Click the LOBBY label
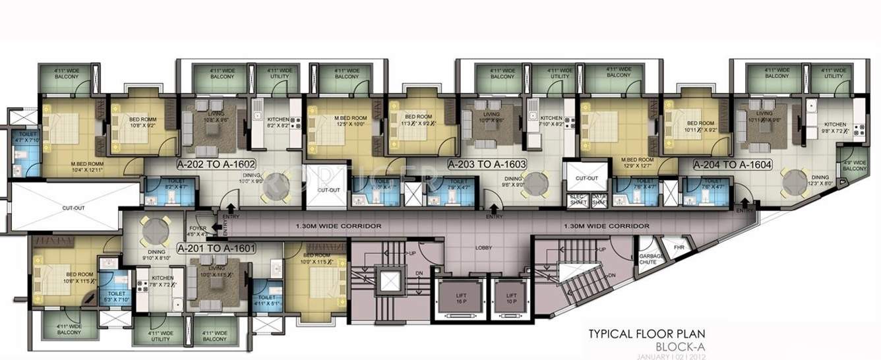[484, 249]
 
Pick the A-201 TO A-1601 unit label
[216, 248]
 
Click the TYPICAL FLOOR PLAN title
[649, 334]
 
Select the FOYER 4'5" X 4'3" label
[197, 231]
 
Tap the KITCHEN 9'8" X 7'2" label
[834, 127]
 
